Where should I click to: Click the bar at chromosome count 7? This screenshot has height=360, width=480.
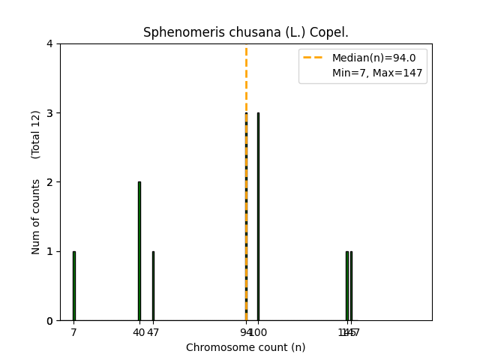click(x=73, y=286)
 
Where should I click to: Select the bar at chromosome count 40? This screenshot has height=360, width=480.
click(x=139, y=251)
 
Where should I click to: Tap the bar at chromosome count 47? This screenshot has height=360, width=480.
click(x=153, y=286)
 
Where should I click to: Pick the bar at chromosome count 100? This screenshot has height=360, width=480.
click(x=258, y=217)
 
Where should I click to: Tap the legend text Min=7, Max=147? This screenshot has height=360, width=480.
click(x=377, y=73)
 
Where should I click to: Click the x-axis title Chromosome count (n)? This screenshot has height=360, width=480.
click(x=245, y=347)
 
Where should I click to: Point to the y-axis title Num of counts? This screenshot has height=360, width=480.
click(x=36, y=217)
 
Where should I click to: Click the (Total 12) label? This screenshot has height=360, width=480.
click(x=36, y=134)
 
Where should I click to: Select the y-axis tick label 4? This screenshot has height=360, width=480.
click(x=49, y=43)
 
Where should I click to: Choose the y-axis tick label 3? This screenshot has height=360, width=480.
click(x=49, y=113)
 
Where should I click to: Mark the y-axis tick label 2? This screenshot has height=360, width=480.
click(x=49, y=182)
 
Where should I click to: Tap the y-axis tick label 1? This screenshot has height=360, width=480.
click(x=49, y=251)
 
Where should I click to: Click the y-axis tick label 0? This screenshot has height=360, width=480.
click(x=49, y=321)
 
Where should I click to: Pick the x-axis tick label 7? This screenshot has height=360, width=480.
click(x=73, y=332)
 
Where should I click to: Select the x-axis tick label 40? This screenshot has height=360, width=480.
click(x=139, y=332)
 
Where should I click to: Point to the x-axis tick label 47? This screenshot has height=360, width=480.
click(x=154, y=332)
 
